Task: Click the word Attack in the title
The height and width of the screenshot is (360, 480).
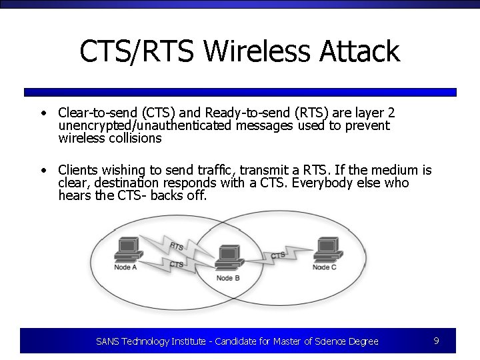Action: [361, 51]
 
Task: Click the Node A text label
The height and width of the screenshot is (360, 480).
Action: [126, 267]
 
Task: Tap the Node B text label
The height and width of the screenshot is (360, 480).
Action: [228, 277]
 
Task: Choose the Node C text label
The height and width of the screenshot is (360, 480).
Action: [325, 267]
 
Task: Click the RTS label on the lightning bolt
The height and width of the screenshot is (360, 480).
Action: [177, 247]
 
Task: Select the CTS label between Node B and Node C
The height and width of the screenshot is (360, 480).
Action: [278, 255]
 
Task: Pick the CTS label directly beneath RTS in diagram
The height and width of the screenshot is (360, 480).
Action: [177, 265]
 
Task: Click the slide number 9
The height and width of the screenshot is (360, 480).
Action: [436, 341]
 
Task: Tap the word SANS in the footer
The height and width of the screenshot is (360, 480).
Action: [107, 341]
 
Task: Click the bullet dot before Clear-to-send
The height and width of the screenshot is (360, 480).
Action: [42, 113]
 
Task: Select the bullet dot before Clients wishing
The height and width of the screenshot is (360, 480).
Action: [42, 171]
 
